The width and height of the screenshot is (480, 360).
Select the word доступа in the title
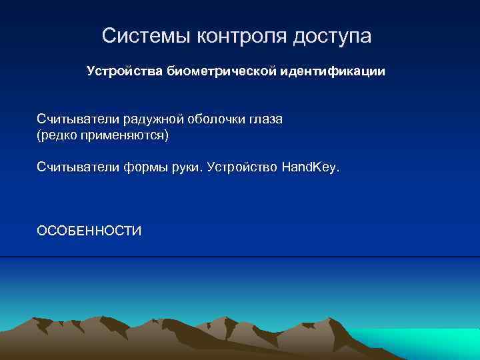332,37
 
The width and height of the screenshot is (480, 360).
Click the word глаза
267,120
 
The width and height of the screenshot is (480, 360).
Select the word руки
186,167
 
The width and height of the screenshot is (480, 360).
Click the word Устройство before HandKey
243,167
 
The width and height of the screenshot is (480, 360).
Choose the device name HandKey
309,167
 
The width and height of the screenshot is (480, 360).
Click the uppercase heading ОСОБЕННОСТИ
89,231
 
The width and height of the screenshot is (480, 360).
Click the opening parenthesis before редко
39,136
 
